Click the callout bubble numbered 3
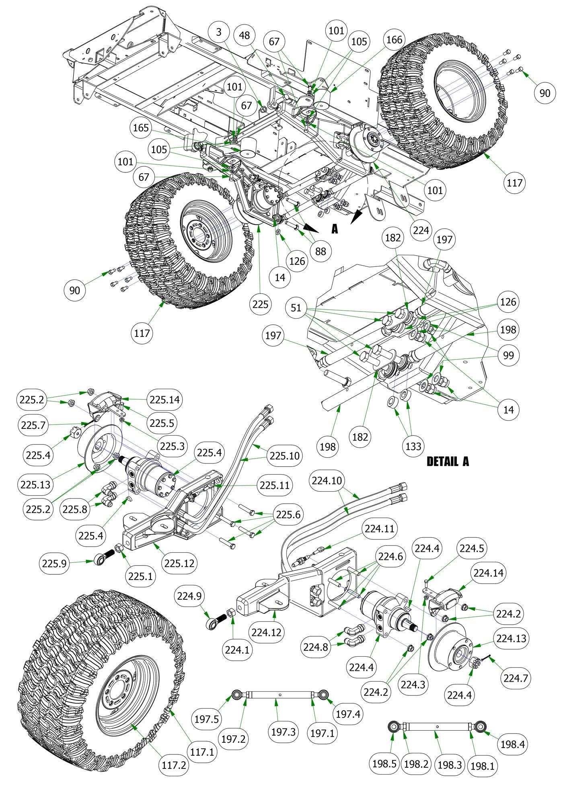pyautogui.click(x=219, y=32)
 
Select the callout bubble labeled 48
pyautogui.click(x=244, y=35)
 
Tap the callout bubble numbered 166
pyautogui.click(x=394, y=39)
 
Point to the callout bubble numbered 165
pyautogui.click(x=141, y=128)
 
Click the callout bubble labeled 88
pyautogui.click(x=321, y=251)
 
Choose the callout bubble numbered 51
pyautogui.click(x=296, y=308)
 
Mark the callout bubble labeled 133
pyautogui.click(x=413, y=446)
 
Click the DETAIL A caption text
pyautogui.click(x=448, y=461)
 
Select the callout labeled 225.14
pyautogui.click(x=165, y=400)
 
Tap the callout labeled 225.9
pyautogui.click(x=54, y=564)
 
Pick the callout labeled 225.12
pyautogui.click(x=179, y=563)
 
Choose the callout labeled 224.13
pyautogui.click(x=511, y=638)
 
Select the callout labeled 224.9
pyautogui.click(x=189, y=596)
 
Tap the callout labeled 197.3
pyautogui.click(x=283, y=732)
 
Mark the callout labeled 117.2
pyautogui.click(x=174, y=765)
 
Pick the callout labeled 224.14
pyautogui.click(x=488, y=573)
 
